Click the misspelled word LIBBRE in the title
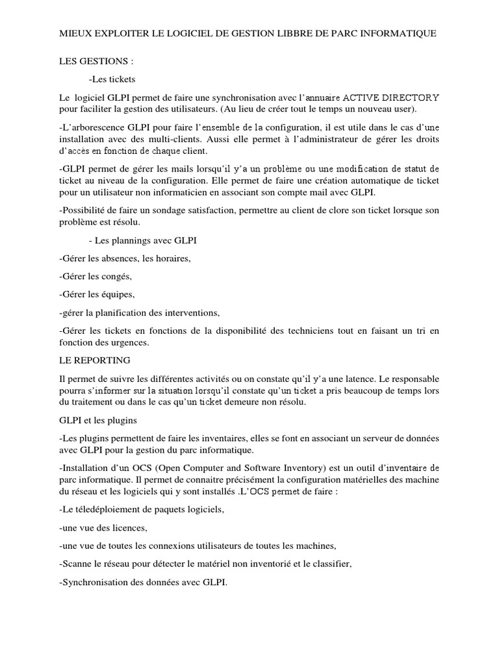[x=290, y=32]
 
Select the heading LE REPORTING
[x=94, y=360]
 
